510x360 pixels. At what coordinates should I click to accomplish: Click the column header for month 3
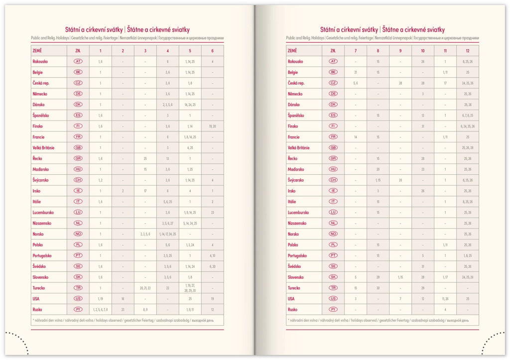click(x=145, y=51)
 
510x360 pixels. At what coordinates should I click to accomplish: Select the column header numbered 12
click(x=467, y=51)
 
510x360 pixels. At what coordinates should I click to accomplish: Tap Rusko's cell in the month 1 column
click(x=100, y=310)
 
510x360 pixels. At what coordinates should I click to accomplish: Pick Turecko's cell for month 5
click(x=190, y=288)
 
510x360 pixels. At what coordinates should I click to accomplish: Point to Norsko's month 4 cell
click(x=167, y=234)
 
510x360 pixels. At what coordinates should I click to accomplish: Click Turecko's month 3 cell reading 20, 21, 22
click(x=145, y=288)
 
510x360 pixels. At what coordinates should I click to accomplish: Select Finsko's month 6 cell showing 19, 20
click(x=212, y=126)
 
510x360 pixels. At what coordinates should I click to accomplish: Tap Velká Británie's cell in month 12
click(x=467, y=148)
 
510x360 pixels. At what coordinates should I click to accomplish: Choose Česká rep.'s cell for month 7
click(x=355, y=83)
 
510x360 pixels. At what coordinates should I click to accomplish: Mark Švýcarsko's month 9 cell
click(x=400, y=180)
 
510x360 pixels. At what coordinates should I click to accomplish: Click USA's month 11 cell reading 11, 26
click(x=445, y=299)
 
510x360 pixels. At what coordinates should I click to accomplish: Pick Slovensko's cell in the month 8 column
click(x=378, y=277)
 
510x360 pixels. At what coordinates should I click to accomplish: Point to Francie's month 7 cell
click(x=355, y=137)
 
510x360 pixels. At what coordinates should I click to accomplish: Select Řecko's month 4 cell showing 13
click(x=167, y=158)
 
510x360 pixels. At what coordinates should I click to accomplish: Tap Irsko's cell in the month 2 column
click(x=123, y=191)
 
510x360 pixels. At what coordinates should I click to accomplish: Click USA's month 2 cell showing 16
click(x=123, y=299)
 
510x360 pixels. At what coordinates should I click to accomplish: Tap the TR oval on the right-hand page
click(x=333, y=288)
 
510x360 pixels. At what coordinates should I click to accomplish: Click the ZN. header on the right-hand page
click(x=333, y=51)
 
